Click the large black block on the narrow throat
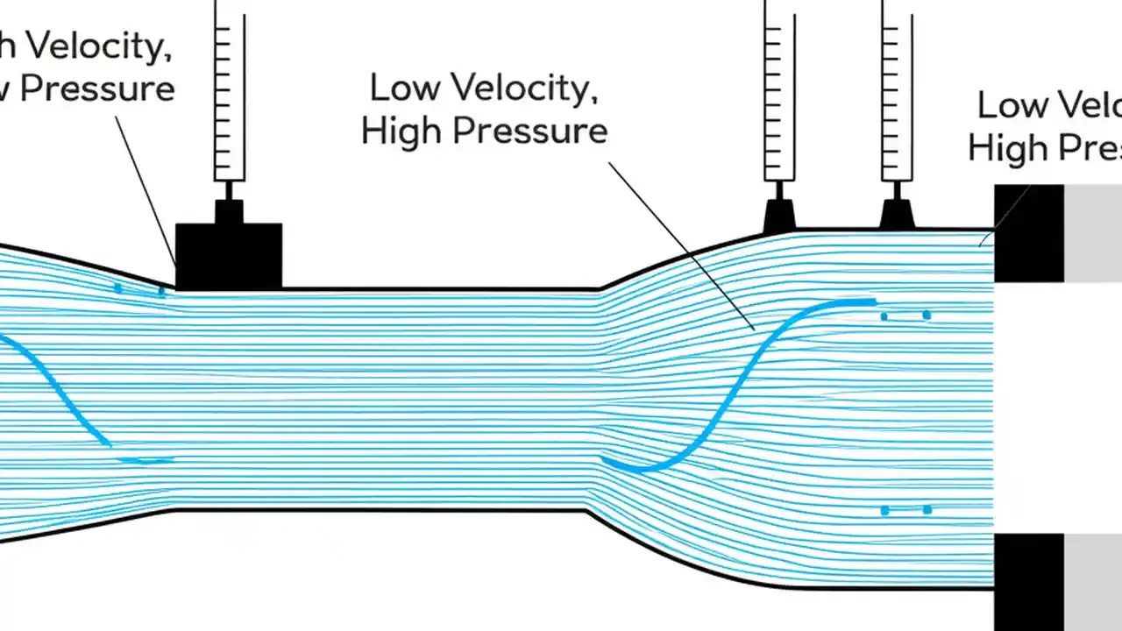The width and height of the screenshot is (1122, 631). coord(229,256)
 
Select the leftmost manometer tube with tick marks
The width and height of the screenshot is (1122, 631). coord(230,96)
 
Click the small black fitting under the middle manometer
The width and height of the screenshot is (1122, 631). coord(779,216)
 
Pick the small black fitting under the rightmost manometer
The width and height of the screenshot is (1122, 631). coord(897,216)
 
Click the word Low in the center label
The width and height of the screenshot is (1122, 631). coord(406,88)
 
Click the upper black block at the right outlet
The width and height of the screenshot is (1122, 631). coord(1028,232)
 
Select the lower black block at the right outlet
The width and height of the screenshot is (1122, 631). coord(1028,581)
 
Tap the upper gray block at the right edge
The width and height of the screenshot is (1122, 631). coord(1093,232)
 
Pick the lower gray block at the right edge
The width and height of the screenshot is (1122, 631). coord(1093,581)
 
